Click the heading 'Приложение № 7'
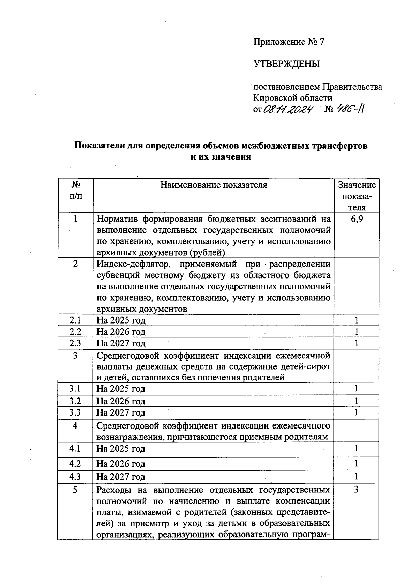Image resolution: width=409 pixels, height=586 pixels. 288,42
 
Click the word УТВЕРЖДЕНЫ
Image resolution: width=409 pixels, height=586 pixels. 287,64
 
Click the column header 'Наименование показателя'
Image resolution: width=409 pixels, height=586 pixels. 214,185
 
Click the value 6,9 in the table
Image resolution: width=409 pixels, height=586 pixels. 357,219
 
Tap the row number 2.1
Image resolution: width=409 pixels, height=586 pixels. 75,320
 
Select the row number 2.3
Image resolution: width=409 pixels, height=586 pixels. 75,343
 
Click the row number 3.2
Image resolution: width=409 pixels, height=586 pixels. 75,401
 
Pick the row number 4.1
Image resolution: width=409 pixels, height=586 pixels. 75,448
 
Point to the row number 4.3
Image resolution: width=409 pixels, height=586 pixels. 75,476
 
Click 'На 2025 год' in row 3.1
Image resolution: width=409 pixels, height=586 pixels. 121,389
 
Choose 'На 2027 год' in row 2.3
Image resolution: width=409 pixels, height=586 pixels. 121,343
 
